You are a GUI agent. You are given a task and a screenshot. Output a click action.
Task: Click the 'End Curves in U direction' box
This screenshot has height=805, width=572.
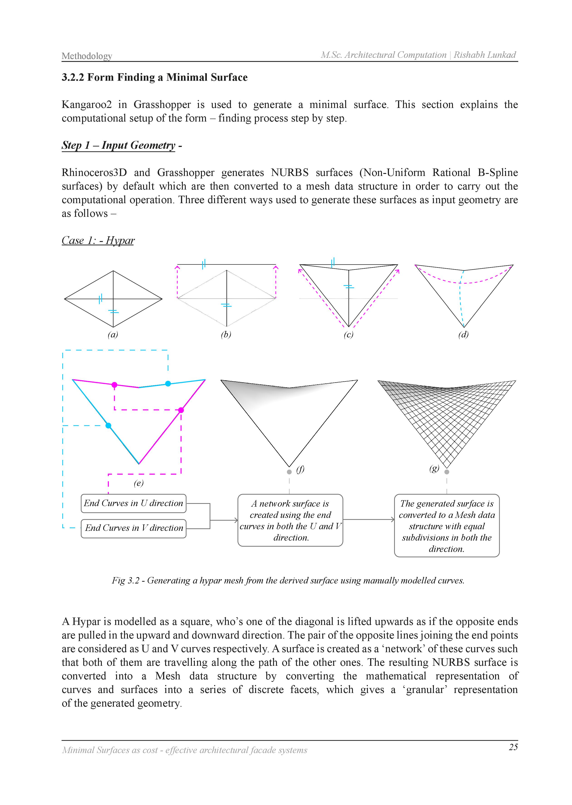click(x=134, y=503)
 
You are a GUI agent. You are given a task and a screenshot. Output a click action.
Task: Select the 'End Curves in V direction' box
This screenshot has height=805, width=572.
click(x=134, y=528)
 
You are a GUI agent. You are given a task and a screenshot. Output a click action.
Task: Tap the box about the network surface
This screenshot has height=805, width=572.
click(x=290, y=520)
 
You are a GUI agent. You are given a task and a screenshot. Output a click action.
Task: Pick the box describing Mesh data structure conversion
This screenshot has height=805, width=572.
click(x=447, y=525)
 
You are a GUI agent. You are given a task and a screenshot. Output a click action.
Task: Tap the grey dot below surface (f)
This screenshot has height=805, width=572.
click(x=289, y=472)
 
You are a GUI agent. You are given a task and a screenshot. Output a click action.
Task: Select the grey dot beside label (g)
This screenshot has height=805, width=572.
click(x=447, y=472)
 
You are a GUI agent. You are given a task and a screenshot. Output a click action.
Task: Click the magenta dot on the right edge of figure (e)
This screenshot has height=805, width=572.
click(x=181, y=410)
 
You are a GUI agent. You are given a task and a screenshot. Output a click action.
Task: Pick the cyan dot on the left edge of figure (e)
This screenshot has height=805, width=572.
click(x=108, y=426)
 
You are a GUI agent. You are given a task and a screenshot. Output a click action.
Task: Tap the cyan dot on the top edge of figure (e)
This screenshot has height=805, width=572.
click(x=168, y=383)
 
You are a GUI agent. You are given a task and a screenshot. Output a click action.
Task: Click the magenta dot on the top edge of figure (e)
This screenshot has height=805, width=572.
click(x=115, y=385)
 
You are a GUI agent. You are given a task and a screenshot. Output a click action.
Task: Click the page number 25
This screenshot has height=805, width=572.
click(x=513, y=747)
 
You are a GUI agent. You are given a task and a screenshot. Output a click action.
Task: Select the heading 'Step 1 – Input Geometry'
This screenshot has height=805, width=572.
click(x=118, y=145)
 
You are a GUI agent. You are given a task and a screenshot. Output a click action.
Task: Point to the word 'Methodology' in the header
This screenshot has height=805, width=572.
click(x=87, y=56)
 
